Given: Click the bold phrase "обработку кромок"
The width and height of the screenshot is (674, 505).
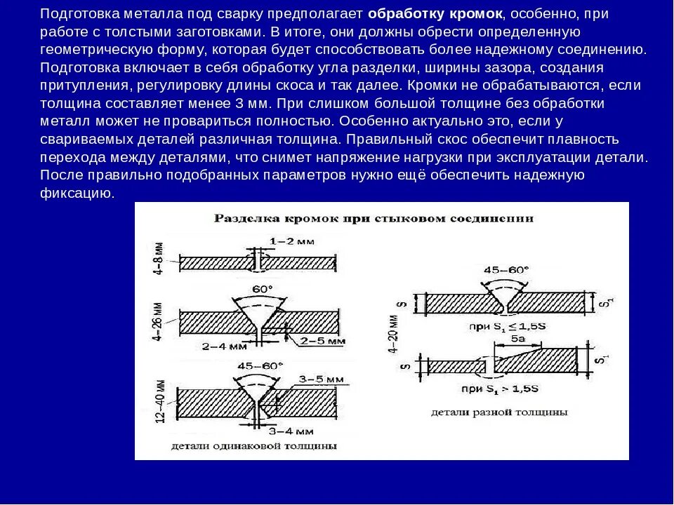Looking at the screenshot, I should (x=435, y=14).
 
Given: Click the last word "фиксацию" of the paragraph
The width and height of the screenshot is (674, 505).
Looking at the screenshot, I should (x=77, y=194).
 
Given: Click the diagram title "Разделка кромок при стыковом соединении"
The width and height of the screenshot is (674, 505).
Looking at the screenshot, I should (x=374, y=218).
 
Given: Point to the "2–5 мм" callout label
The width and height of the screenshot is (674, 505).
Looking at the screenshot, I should (x=322, y=342).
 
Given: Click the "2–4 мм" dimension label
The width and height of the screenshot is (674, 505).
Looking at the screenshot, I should (x=224, y=346).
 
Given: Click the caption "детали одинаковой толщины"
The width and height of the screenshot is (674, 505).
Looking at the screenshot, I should (x=253, y=445).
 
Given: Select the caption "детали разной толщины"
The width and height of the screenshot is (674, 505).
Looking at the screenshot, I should (x=499, y=412).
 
